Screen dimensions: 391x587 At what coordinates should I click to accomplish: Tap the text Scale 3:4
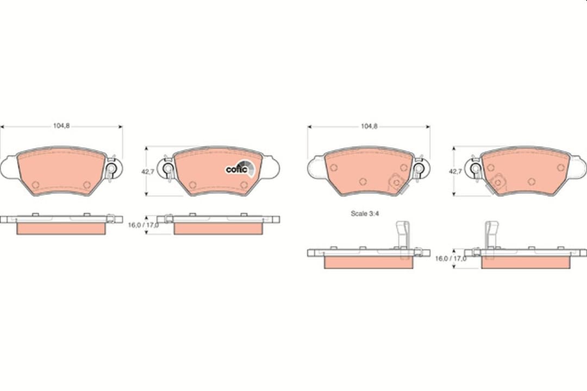tap(365, 213)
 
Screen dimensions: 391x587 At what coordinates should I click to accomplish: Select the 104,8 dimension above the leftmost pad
tap(61, 126)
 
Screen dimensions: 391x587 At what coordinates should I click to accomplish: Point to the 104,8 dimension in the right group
tap(369, 126)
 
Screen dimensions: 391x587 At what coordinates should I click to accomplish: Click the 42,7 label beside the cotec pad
tap(148, 171)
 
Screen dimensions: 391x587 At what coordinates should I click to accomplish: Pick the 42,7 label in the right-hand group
tap(455, 171)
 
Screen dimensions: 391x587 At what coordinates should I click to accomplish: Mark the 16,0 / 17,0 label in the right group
tap(451, 258)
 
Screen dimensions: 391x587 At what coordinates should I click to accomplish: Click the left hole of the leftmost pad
tap(35, 185)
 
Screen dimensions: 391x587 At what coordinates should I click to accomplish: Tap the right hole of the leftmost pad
tap(87, 185)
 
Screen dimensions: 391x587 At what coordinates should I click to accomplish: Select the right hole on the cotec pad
tap(243, 185)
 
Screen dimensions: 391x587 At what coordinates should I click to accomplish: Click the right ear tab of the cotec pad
tap(271, 167)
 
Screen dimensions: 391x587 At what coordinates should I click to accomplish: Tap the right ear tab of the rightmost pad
tap(578, 167)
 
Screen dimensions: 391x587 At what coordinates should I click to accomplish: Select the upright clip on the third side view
tap(402, 234)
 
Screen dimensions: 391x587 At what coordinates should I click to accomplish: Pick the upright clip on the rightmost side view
tap(491, 234)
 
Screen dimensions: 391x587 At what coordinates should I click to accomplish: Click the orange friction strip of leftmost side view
tap(61, 229)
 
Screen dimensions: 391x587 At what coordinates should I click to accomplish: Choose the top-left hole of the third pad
tap(334, 167)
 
